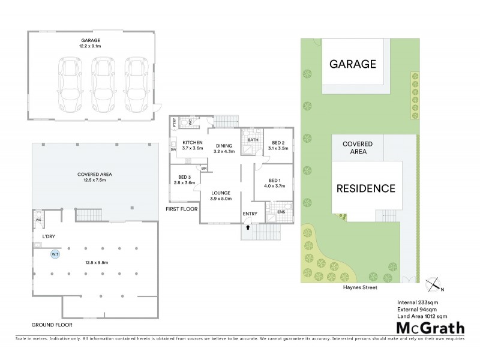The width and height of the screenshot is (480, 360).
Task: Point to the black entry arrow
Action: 247,228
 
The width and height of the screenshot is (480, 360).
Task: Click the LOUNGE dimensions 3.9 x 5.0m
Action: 220,199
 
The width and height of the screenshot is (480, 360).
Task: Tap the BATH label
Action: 253,140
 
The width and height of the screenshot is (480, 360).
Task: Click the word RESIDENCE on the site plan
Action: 365,188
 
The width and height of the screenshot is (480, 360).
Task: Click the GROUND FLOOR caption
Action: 52,325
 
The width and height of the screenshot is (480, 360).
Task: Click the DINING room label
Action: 224,146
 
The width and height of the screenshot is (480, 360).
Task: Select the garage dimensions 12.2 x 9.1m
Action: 91,46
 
